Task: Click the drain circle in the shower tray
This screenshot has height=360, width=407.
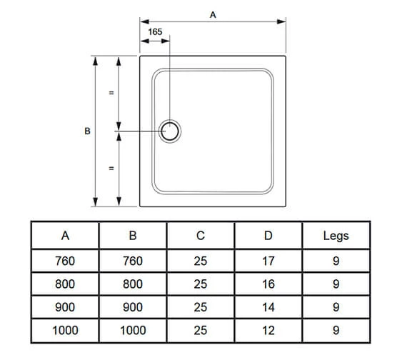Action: point(171,131)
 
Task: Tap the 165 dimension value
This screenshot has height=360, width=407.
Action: point(156,32)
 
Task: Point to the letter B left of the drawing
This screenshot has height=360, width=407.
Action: point(87,131)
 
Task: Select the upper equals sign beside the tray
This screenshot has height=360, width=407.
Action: point(111,94)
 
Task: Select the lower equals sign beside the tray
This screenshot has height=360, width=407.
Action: point(111,169)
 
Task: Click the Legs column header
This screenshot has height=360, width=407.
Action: point(336,236)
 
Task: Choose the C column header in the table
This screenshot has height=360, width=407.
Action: point(201,236)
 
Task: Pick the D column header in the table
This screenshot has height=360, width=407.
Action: point(268,236)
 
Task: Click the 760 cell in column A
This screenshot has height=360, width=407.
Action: point(65,261)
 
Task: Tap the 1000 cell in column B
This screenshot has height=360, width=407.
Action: point(133,330)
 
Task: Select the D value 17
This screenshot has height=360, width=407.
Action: point(268,261)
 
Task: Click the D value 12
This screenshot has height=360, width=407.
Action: point(268,330)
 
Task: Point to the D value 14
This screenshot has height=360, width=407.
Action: point(268,307)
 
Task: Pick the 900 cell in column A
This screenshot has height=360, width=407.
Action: point(65,307)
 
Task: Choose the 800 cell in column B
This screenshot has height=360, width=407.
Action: point(133,284)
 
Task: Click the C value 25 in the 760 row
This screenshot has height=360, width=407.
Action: point(201,261)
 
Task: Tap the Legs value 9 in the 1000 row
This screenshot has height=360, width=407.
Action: point(336,330)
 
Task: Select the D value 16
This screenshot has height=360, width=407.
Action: point(268,284)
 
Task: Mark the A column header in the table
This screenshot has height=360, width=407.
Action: point(65,236)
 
